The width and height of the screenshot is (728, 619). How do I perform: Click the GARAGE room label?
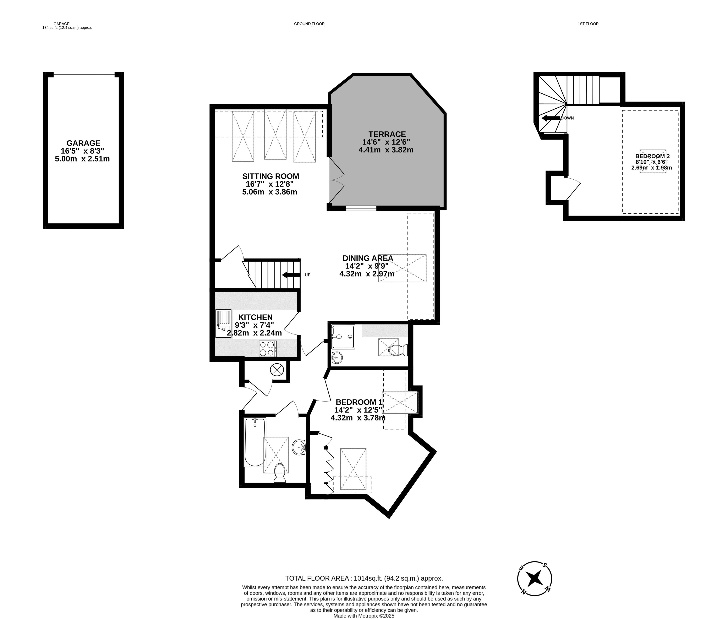[x=83, y=143]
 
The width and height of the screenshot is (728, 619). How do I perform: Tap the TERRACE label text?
[x=387, y=134]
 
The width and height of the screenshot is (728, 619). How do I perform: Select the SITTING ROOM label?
[x=270, y=176]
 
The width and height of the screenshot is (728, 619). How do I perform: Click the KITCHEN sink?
[x=223, y=323]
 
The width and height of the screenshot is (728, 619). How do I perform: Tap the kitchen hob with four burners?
[x=268, y=349]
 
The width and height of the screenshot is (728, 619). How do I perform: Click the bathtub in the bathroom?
[x=255, y=442]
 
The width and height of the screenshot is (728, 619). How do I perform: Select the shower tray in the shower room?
[x=343, y=337]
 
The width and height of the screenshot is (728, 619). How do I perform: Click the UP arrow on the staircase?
[x=291, y=275]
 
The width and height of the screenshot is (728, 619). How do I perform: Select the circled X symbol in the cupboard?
[x=277, y=370]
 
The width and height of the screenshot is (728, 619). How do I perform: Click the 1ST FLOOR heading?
[x=588, y=24]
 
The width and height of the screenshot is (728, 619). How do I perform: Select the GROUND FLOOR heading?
[x=309, y=24]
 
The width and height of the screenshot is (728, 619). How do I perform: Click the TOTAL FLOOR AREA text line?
[x=364, y=578]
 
